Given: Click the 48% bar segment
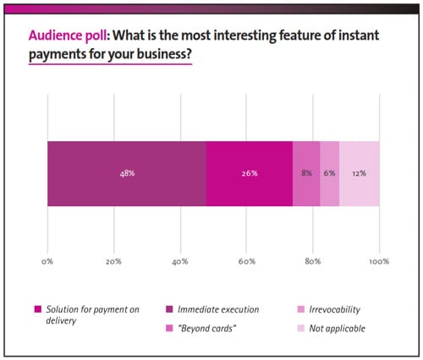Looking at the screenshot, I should [127, 173].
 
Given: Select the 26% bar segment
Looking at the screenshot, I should [249, 173].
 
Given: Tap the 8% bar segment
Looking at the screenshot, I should [306, 173].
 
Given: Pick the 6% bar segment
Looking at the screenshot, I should [330, 173].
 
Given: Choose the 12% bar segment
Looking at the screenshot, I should [360, 173].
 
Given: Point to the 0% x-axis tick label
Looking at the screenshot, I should [47, 261].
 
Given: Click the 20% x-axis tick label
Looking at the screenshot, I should [113, 261].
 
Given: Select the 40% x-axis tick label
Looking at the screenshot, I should [179, 261].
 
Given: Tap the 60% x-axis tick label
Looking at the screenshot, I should [246, 261].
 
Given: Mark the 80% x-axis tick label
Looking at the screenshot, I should [313, 261].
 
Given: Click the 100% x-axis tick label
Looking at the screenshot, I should [378, 261].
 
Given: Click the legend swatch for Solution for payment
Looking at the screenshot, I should [36, 308].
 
